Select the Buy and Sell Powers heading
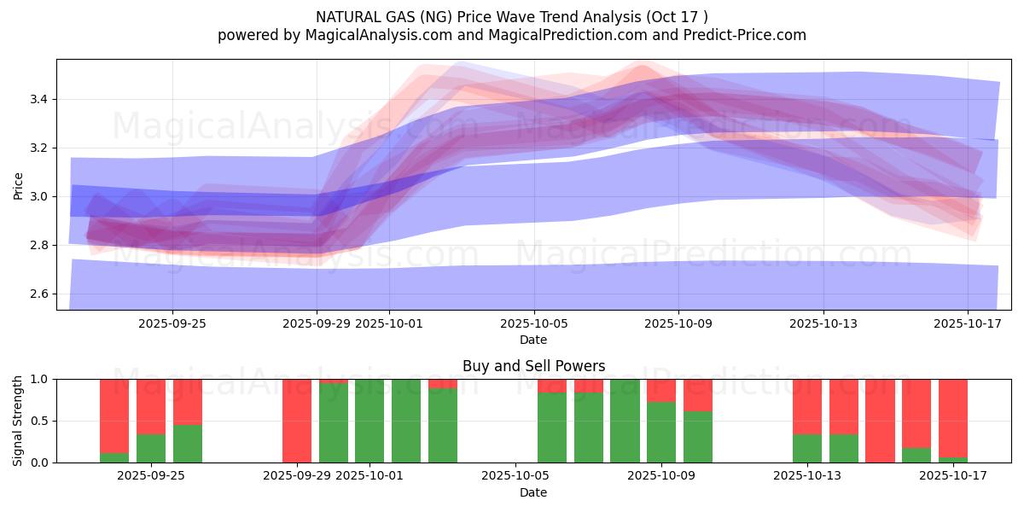click(533, 366)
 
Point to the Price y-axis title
click(19, 184)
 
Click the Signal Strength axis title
click(19, 421)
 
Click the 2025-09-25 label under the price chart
click(172, 323)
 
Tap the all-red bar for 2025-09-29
click(297, 421)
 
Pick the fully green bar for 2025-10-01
click(369, 421)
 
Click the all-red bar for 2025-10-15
click(880, 421)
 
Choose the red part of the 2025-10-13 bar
click(807, 406)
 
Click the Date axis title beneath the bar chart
click(533, 492)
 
